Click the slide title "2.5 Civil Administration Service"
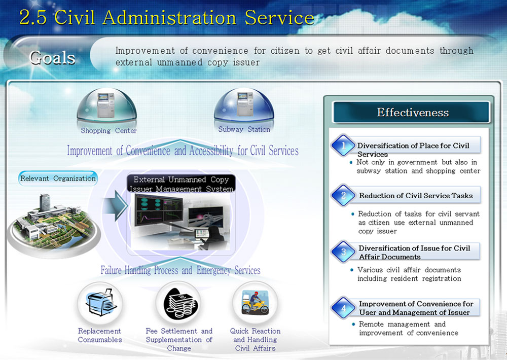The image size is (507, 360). point(167,17)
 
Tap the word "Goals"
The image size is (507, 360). point(52,58)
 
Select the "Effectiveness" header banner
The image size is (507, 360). point(412,112)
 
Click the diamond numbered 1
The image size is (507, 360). point(343,146)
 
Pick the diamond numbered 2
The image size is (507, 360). point(343,195)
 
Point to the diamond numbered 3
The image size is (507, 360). point(343,251)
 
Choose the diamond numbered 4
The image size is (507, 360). point(343,308)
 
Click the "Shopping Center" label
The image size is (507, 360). point(108,131)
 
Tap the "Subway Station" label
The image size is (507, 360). point(244,129)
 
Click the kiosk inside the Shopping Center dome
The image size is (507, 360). point(106,105)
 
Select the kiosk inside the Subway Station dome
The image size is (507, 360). point(244,104)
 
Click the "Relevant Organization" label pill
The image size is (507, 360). point(58,178)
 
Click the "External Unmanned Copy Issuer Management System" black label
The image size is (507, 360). point(181,184)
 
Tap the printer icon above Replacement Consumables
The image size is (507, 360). point(100,302)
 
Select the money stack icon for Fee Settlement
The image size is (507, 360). point(179,303)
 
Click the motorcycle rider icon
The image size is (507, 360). point(256,303)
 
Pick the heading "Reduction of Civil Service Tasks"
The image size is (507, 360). point(416,196)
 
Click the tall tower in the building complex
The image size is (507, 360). point(45,202)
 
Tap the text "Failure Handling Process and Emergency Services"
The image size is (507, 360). point(180,270)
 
